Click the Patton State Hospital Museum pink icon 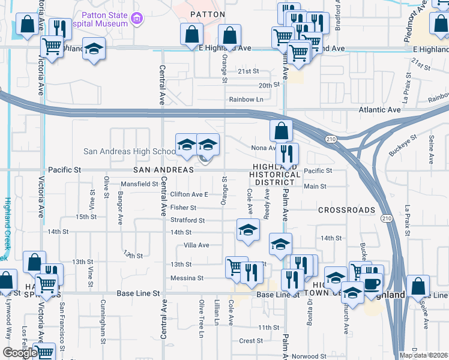click(x=137, y=19)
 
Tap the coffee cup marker click(x=371, y=283)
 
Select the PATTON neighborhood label click(x=207, y=14)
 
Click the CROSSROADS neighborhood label click(x=346, y=210)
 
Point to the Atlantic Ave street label click(x=379, y=110)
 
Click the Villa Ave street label click(x=196, y=245)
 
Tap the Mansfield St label click(x=139, y=184)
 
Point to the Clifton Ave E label click(x=189, y=194)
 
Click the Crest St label click(x=248, y=341)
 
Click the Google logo click(x=19, y=352)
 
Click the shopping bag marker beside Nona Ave click(x=280, y=130)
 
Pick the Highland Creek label click(x=7, y=228)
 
